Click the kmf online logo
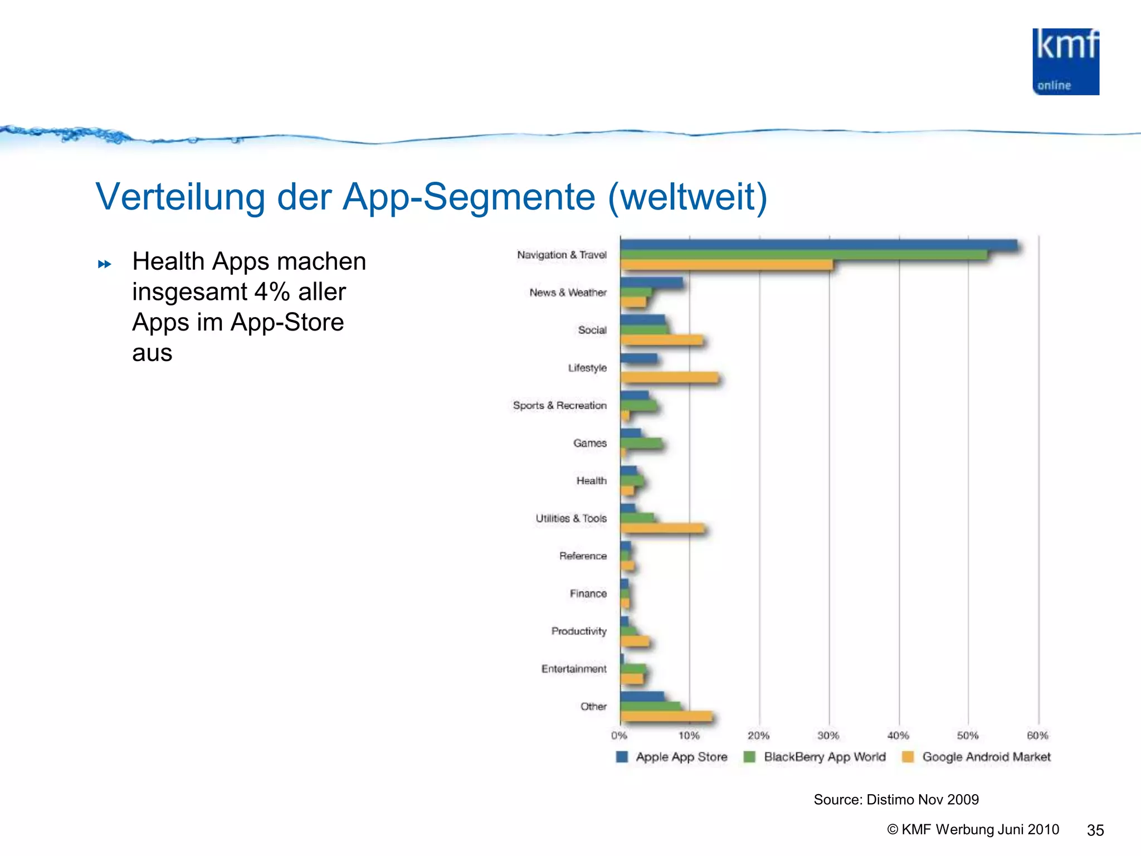tap(1065, 62)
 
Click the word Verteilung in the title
tap(180, 197)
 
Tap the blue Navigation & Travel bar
tap(818, 245)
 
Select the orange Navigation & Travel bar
tap(726, 265)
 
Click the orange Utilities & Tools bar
tap(662, 528)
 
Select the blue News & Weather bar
tap(651, 283)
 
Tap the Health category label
tap(591, 480)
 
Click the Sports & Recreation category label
tap(559, 405)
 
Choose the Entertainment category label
tap(573, 669)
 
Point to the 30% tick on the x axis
tap(828, 736)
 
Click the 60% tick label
tap(1037, 736)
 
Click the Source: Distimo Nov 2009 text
tap(896, 800)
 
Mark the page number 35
tap(1095, 830)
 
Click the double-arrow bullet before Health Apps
tap(104, 264)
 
